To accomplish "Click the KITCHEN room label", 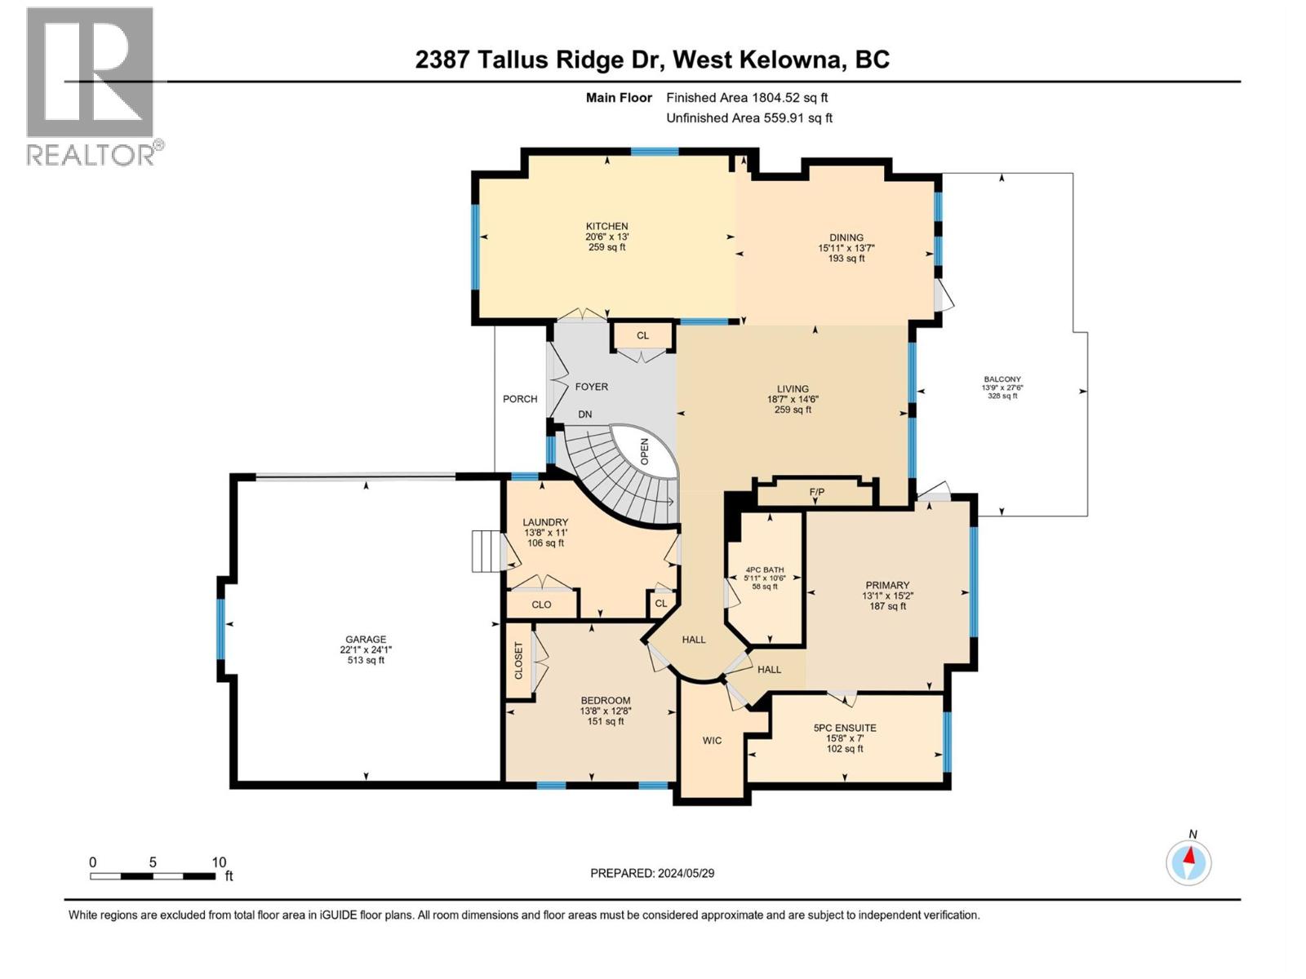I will click(606, 226).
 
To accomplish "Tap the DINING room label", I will click(846, 237).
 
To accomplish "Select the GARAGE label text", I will click(366, 640).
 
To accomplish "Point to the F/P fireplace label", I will click(816, 493).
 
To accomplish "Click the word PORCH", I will click(520, 399).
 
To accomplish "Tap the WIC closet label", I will click(712, 741).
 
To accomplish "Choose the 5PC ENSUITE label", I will click(845, 728).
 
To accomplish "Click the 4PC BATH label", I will click(764, 569).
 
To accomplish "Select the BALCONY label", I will click(1002, 379).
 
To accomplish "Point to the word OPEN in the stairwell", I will click(644, 451).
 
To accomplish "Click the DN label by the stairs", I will click(584, 414).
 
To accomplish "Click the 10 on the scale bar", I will click(219, 862).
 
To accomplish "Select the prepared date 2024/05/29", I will click(685, 873).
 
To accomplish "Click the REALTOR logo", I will click(91, 86).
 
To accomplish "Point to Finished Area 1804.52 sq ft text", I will click(747, 97).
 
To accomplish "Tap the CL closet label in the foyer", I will click(642, 335).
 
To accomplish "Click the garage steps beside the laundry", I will click(486, 551).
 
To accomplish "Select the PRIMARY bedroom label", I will click(887, 585).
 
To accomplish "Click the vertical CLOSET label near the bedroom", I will click(518, 661).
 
